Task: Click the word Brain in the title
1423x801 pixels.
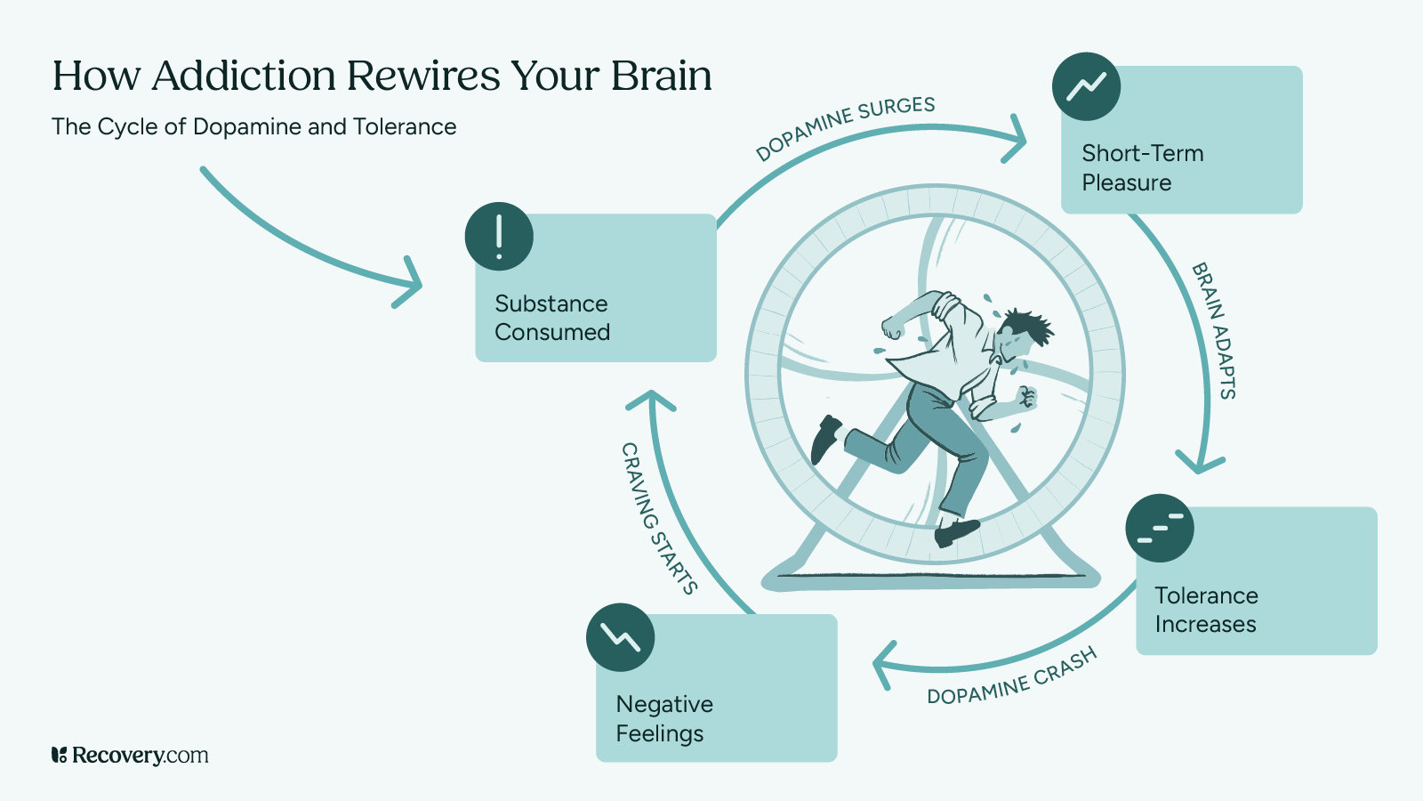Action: click(661, 76)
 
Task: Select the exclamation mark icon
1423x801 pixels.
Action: click(499, 236)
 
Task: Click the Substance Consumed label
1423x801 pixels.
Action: click(551, 318)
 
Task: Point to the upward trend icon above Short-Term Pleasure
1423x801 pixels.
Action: click(1086, 86)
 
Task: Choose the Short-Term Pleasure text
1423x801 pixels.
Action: click(1142, 167)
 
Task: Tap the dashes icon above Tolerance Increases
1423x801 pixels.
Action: click(1160, 528)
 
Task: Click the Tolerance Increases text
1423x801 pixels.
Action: click(1206, 610)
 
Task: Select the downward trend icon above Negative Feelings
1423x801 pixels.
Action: click(620, 637)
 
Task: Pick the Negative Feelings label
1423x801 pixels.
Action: click(663, 718)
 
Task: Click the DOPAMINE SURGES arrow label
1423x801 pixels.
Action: click(845, 128)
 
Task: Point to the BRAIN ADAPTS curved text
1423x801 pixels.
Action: click(1215, 330)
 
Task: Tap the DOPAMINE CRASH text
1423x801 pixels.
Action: click(1012, 677)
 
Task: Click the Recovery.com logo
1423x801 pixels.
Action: click(130, 756)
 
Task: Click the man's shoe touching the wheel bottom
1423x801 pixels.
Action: click(956, 531)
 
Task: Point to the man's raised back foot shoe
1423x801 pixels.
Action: click(826, 438)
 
